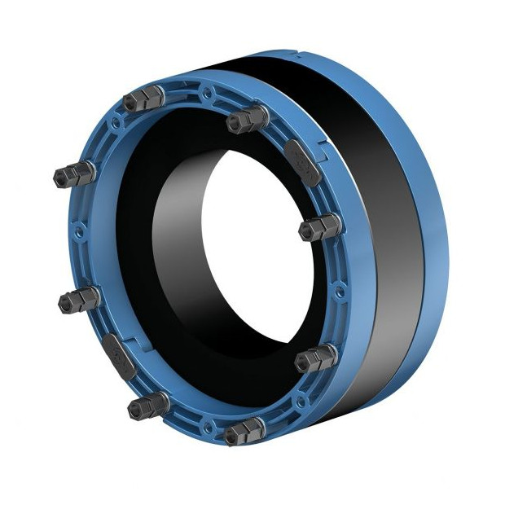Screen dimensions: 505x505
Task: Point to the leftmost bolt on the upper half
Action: (x=72, y=173)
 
